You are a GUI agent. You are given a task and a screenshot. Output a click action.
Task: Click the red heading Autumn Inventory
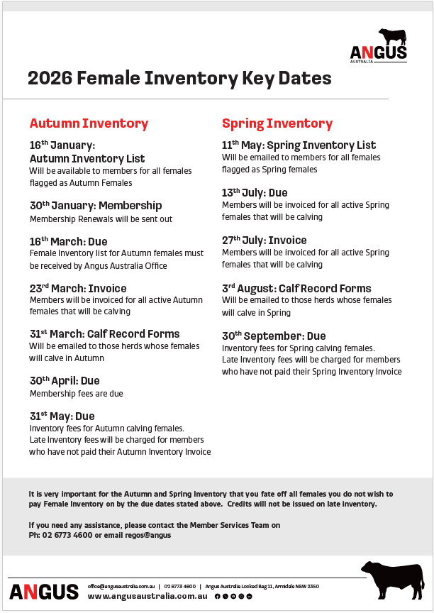89,123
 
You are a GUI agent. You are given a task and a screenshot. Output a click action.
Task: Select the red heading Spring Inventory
277,123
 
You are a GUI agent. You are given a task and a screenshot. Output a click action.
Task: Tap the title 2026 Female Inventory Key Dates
179,78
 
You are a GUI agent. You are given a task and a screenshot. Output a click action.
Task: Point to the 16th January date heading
62,145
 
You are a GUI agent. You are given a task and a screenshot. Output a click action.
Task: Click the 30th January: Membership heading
96,206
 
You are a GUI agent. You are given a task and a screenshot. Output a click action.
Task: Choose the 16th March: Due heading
69,241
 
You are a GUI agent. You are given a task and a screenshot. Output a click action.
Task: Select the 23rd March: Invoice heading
78,289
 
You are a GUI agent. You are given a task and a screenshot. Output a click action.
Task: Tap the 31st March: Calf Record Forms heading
104,334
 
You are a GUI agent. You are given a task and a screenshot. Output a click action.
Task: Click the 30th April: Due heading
65,381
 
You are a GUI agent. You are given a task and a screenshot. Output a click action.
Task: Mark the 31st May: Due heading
62,416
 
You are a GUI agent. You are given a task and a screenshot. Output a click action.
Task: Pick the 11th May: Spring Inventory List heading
299,145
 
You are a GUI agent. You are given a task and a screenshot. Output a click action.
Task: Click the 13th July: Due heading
255,193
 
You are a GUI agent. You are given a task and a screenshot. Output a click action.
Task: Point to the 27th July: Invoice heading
264,241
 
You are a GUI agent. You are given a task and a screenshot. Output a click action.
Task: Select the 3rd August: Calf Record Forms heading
296,289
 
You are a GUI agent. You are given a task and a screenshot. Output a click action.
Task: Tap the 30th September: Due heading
274,336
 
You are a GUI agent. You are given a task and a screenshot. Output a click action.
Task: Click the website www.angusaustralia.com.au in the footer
148,597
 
